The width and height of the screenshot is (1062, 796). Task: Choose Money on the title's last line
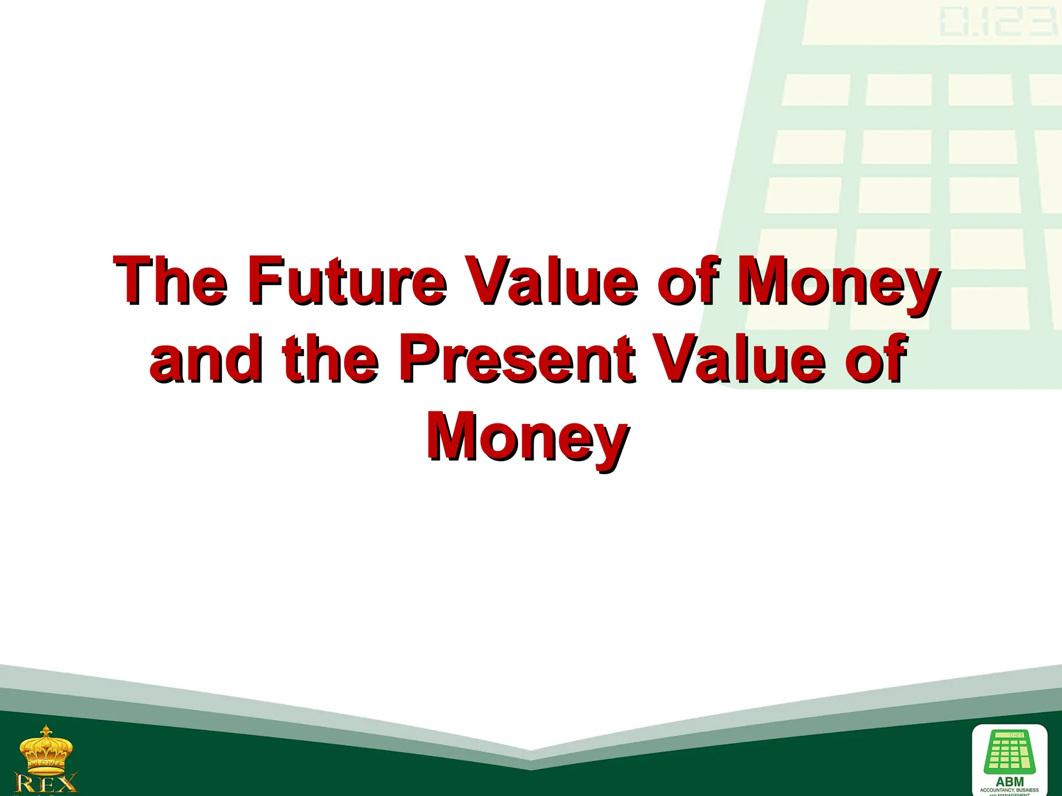[x=527, y=437]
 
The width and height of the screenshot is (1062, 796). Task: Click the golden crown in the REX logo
[x=46, y=749]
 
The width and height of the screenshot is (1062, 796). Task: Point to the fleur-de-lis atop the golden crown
[x=46, y=731]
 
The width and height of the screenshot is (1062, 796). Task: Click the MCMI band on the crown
[x=46, y=763]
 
